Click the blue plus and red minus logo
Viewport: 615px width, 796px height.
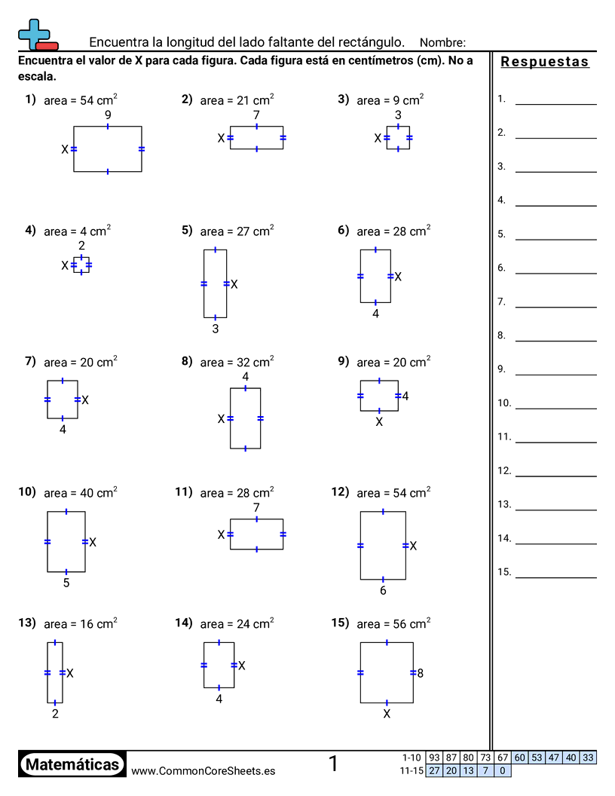(x=38, y=35)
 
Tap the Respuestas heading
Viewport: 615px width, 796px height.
(x=544, y=62)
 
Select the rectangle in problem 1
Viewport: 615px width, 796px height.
(x=108, y=148)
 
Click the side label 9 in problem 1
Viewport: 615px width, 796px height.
(x=108, y=115)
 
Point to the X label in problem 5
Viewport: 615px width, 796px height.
(x=234, y=284)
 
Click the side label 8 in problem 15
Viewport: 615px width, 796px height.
(x=420, y=673)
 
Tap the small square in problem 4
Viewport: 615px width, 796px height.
(x=81, y=265)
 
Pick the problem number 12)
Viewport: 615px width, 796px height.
(x=338, y=492)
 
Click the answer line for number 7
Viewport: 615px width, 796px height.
(x=556, y=307)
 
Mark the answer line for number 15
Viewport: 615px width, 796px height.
(x=556, y=577)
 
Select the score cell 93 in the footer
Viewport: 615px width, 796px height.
(x=434, y=758)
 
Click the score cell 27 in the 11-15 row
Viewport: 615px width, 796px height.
(x=434, y=770)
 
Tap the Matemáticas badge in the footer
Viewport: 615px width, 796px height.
(x=72, y=764)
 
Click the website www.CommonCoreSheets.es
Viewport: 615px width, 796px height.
(x=203, y=770)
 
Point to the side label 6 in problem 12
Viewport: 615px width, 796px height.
(x=383, y=590)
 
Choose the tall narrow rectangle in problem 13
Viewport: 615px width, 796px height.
(x=55, y=672)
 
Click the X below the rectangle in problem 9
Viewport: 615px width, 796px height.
(x=379, y=422)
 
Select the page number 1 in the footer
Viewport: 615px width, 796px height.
(x=333, y=764)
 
